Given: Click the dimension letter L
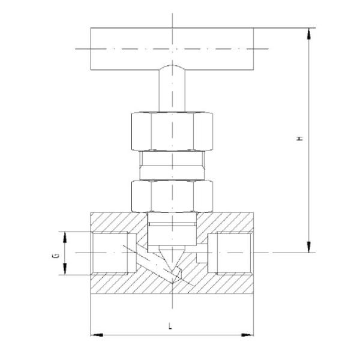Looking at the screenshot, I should pos(170,327).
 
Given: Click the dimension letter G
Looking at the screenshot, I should pos(55,254).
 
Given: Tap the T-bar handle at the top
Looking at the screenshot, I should pos(172,48).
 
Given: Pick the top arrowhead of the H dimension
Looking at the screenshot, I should pos(309,33).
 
